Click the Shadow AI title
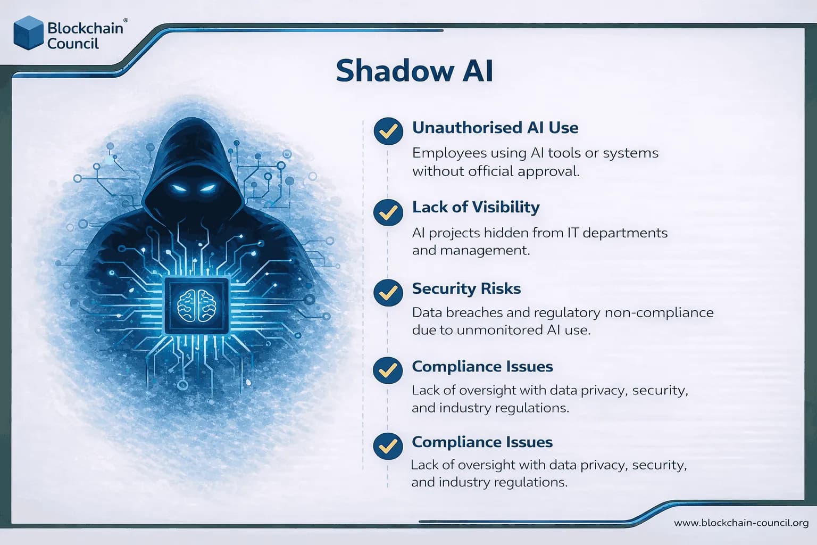point(414,71)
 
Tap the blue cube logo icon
point(28,33)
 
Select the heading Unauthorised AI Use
point(495,128)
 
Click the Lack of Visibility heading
point(476,207)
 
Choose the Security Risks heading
point(466,288)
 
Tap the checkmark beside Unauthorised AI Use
point(388,131)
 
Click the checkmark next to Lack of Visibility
point(388,212)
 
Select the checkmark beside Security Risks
point(388,292)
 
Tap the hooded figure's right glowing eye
point(208,187)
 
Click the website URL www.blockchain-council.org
point(741,523)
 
